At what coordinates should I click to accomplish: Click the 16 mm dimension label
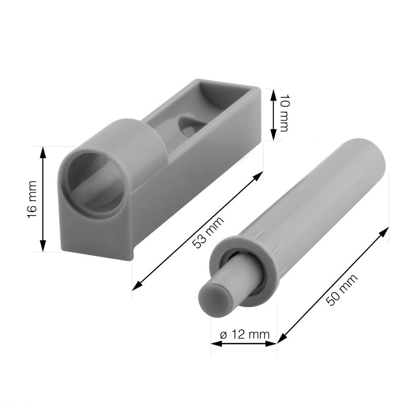pos(32,199)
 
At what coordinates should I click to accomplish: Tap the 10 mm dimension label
pos(284,113)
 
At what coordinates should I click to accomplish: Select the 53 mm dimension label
pos(208,232)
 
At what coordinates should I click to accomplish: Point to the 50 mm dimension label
pos(343,290)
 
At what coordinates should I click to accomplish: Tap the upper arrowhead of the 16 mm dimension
pos(43,153)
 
